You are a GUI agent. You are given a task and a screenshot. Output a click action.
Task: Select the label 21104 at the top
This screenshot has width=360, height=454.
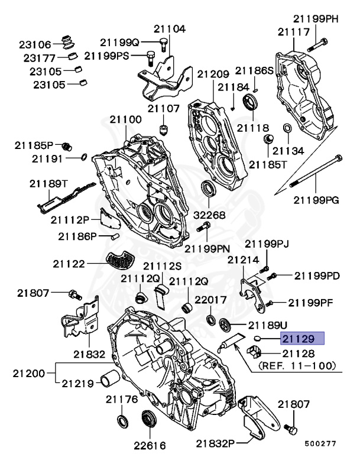[170, 28]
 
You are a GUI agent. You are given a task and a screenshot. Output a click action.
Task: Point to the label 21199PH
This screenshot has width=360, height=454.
[317, 19]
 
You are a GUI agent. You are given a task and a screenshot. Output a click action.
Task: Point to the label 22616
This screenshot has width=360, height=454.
[149, 445]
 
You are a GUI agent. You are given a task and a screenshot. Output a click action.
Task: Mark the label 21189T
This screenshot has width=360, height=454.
[48, 183]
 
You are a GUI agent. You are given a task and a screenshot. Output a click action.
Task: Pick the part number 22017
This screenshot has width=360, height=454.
[211, 300]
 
